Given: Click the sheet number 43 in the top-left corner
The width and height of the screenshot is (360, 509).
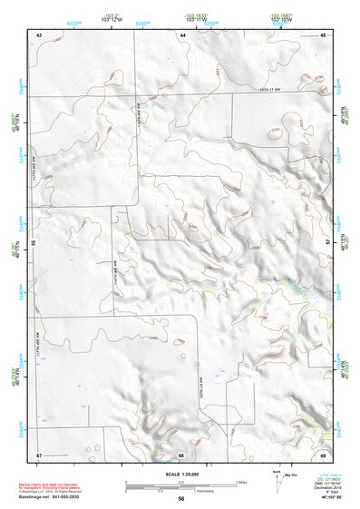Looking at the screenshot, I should point(39,34).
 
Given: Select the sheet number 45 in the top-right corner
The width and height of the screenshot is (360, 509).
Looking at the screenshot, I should point(323,34).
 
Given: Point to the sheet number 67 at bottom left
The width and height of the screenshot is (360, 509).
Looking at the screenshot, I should point(39,454).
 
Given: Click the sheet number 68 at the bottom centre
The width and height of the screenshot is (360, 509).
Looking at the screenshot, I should point(181,454).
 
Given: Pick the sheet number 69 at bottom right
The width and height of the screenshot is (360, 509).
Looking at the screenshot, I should point(323,454).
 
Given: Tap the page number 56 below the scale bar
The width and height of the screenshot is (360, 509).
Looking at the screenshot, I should point(181,499).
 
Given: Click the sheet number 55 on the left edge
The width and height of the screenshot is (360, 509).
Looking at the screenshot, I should point(34,243).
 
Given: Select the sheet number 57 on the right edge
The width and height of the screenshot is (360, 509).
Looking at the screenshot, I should point(328,243).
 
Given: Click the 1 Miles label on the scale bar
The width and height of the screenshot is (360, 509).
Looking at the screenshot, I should point(240,481).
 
